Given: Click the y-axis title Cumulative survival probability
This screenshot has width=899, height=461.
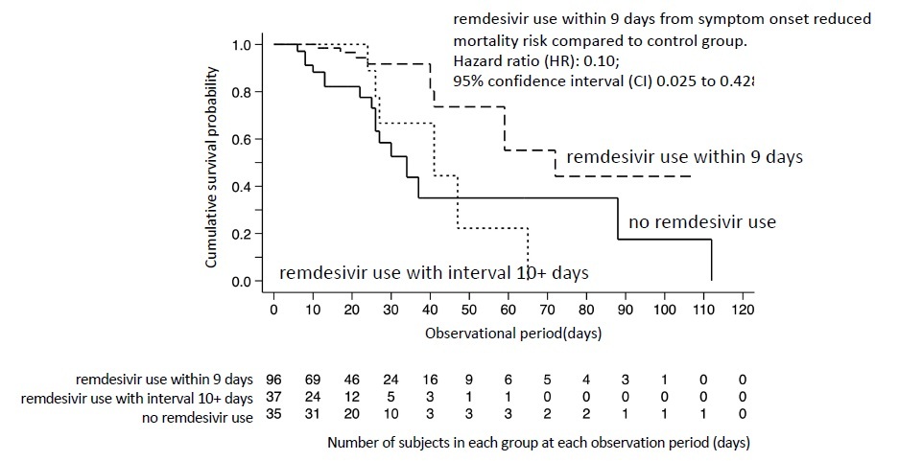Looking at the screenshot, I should pos(212,165).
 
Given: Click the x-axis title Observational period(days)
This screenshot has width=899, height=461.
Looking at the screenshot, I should pos(508,332).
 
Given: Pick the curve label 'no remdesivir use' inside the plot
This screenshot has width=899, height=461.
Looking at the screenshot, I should pos(701,222).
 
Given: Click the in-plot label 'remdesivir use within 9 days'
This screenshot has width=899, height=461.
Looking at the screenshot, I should pos(684,156).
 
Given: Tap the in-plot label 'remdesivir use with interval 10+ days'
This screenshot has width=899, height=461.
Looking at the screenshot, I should pos(434,272).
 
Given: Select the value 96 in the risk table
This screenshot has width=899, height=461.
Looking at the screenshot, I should pos(273,380).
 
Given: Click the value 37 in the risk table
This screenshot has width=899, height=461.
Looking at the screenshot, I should pos(273,399).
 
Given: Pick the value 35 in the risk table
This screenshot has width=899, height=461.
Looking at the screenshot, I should pos(273,418).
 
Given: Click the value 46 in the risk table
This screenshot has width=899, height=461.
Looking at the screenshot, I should pos(351,380).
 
